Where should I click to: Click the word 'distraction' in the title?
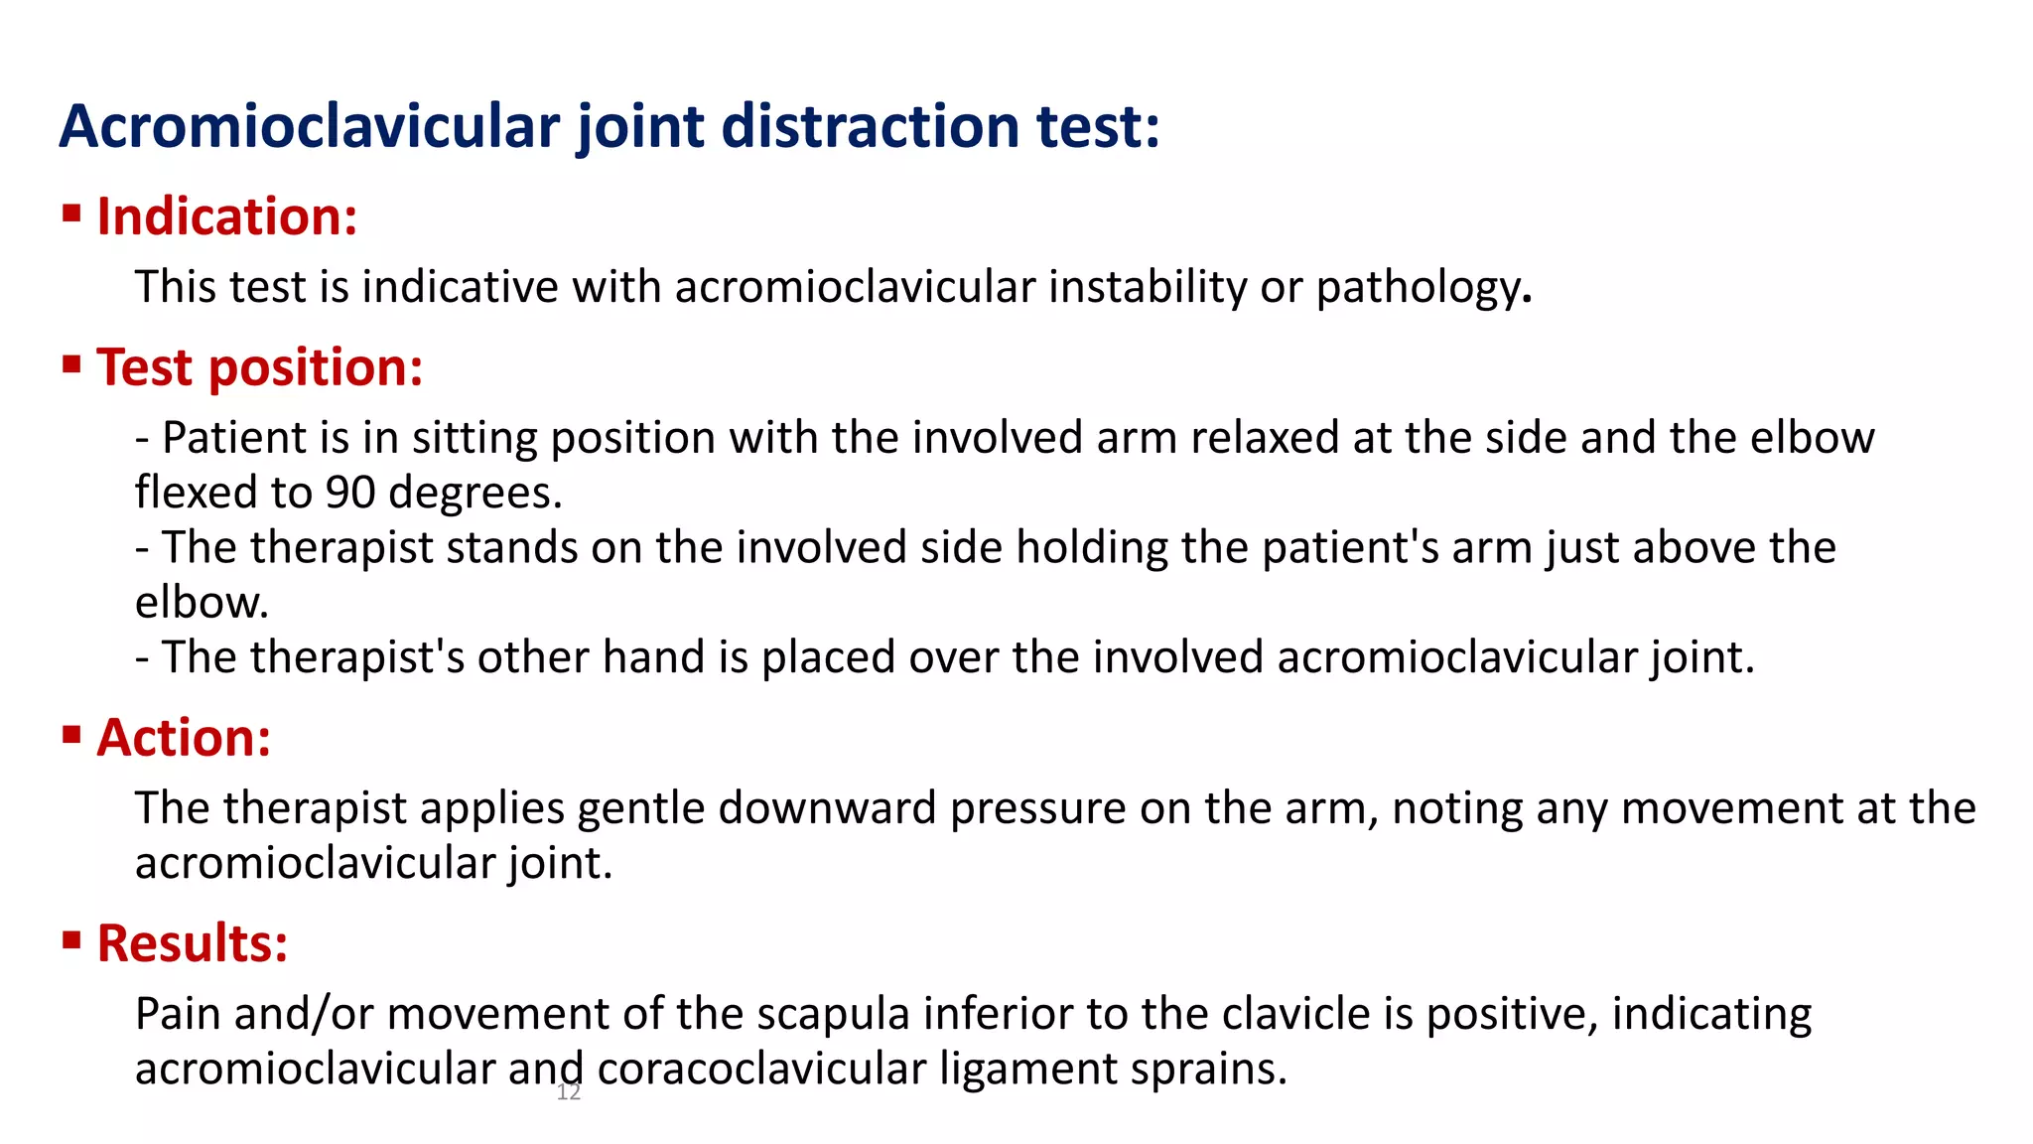click(x=871, y=127)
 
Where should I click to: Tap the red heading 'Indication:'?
click(x=227, y=216)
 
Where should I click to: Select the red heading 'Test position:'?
click(x=260, y=367)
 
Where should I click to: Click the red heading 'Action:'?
click(x=185, y=738)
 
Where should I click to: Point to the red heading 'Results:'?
click(x=193, y=943)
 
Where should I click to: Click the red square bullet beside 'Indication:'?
click(x=71, y=213)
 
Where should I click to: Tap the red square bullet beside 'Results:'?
click(x=71, y=939)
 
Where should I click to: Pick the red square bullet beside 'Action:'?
click(x=71, y=735)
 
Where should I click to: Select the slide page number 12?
click(x=569, y=1093)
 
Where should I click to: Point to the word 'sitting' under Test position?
click(x=474, y=438)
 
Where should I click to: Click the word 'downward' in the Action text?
click(x=828, y=808)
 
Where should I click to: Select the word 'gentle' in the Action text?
click(x=641, y=808)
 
